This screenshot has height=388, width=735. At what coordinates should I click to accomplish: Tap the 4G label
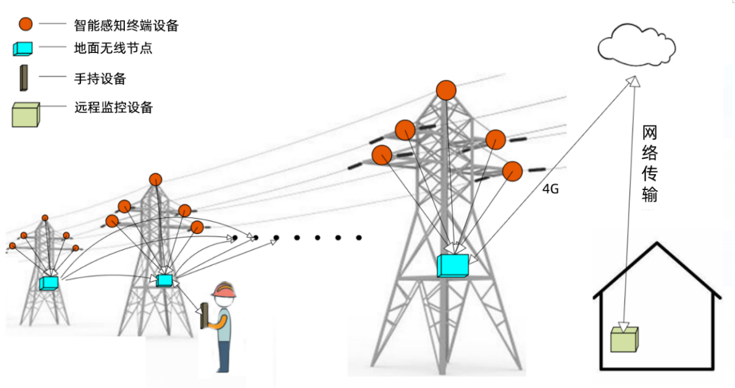click(550, 189)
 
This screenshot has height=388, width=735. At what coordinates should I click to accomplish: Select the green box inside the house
click(624, 339)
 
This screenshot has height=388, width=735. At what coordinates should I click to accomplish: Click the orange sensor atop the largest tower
click(446, 90)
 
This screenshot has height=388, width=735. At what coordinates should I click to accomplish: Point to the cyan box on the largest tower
click(453, 266)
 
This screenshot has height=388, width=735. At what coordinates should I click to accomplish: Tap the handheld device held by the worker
click(205, 316)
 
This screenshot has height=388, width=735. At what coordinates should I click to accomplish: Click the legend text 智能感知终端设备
click(126, 25)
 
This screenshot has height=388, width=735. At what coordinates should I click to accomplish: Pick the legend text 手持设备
click(100, 79)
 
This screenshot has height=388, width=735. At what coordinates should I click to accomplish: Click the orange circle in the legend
click(25, 24)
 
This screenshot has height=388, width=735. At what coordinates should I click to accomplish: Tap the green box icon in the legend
click(26, 115)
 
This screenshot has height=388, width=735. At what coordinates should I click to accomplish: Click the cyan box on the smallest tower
click(49, 283)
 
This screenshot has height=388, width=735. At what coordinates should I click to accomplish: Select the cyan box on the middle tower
click(164, 280)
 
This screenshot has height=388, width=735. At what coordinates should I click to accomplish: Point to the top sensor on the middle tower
click(155, 180)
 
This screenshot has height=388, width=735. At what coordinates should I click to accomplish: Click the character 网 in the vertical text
click(650, 133)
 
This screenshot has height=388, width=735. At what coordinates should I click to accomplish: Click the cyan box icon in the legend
click(23, 49)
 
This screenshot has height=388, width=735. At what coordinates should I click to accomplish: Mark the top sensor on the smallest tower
click(44, 217)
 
